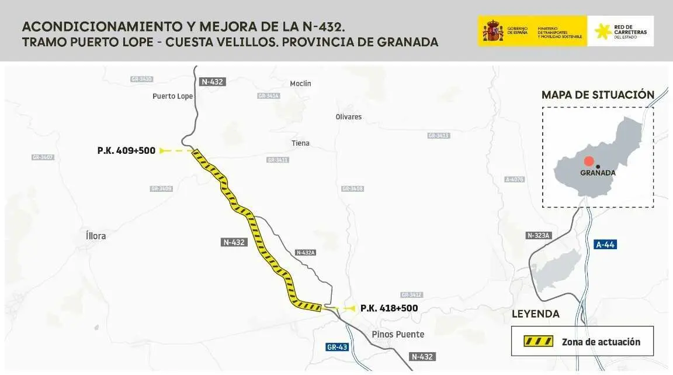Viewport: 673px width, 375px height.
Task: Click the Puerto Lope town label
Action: [x=172, y=97]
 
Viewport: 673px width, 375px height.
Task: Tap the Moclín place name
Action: [x=300, y=84]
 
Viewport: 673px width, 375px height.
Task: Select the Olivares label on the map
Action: [x=349, y=117]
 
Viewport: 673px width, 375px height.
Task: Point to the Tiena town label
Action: [x=300, y=143]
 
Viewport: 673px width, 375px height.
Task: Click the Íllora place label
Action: [x=95, y=236]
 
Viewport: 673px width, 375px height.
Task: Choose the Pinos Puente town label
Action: [x=398, y=335]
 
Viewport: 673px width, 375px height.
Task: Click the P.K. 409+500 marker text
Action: [x=126, y=151]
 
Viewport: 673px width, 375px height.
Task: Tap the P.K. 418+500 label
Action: [x=389, y=308]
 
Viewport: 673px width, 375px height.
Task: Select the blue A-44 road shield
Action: [x=605, y=245]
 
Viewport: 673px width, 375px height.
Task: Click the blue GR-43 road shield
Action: [x=338, y=347]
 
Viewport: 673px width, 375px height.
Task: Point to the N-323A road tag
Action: [x=539, y=235]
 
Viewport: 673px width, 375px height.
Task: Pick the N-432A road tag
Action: [x=306, y=253]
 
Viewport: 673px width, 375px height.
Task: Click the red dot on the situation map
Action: [x=589, y=161]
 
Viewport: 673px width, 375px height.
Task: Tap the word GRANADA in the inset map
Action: [x=598, y=173]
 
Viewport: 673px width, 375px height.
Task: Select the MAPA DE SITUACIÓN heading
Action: [x=598, y=95]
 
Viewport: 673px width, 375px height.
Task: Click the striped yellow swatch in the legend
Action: [x=537, y=342]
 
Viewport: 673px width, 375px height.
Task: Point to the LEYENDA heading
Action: [x=535, y=314]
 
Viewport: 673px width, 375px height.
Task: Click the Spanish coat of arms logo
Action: [x=492, y=31]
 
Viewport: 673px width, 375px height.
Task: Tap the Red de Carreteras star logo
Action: [x=603, y=32]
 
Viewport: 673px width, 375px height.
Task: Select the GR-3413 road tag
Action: [x=438, y=136]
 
